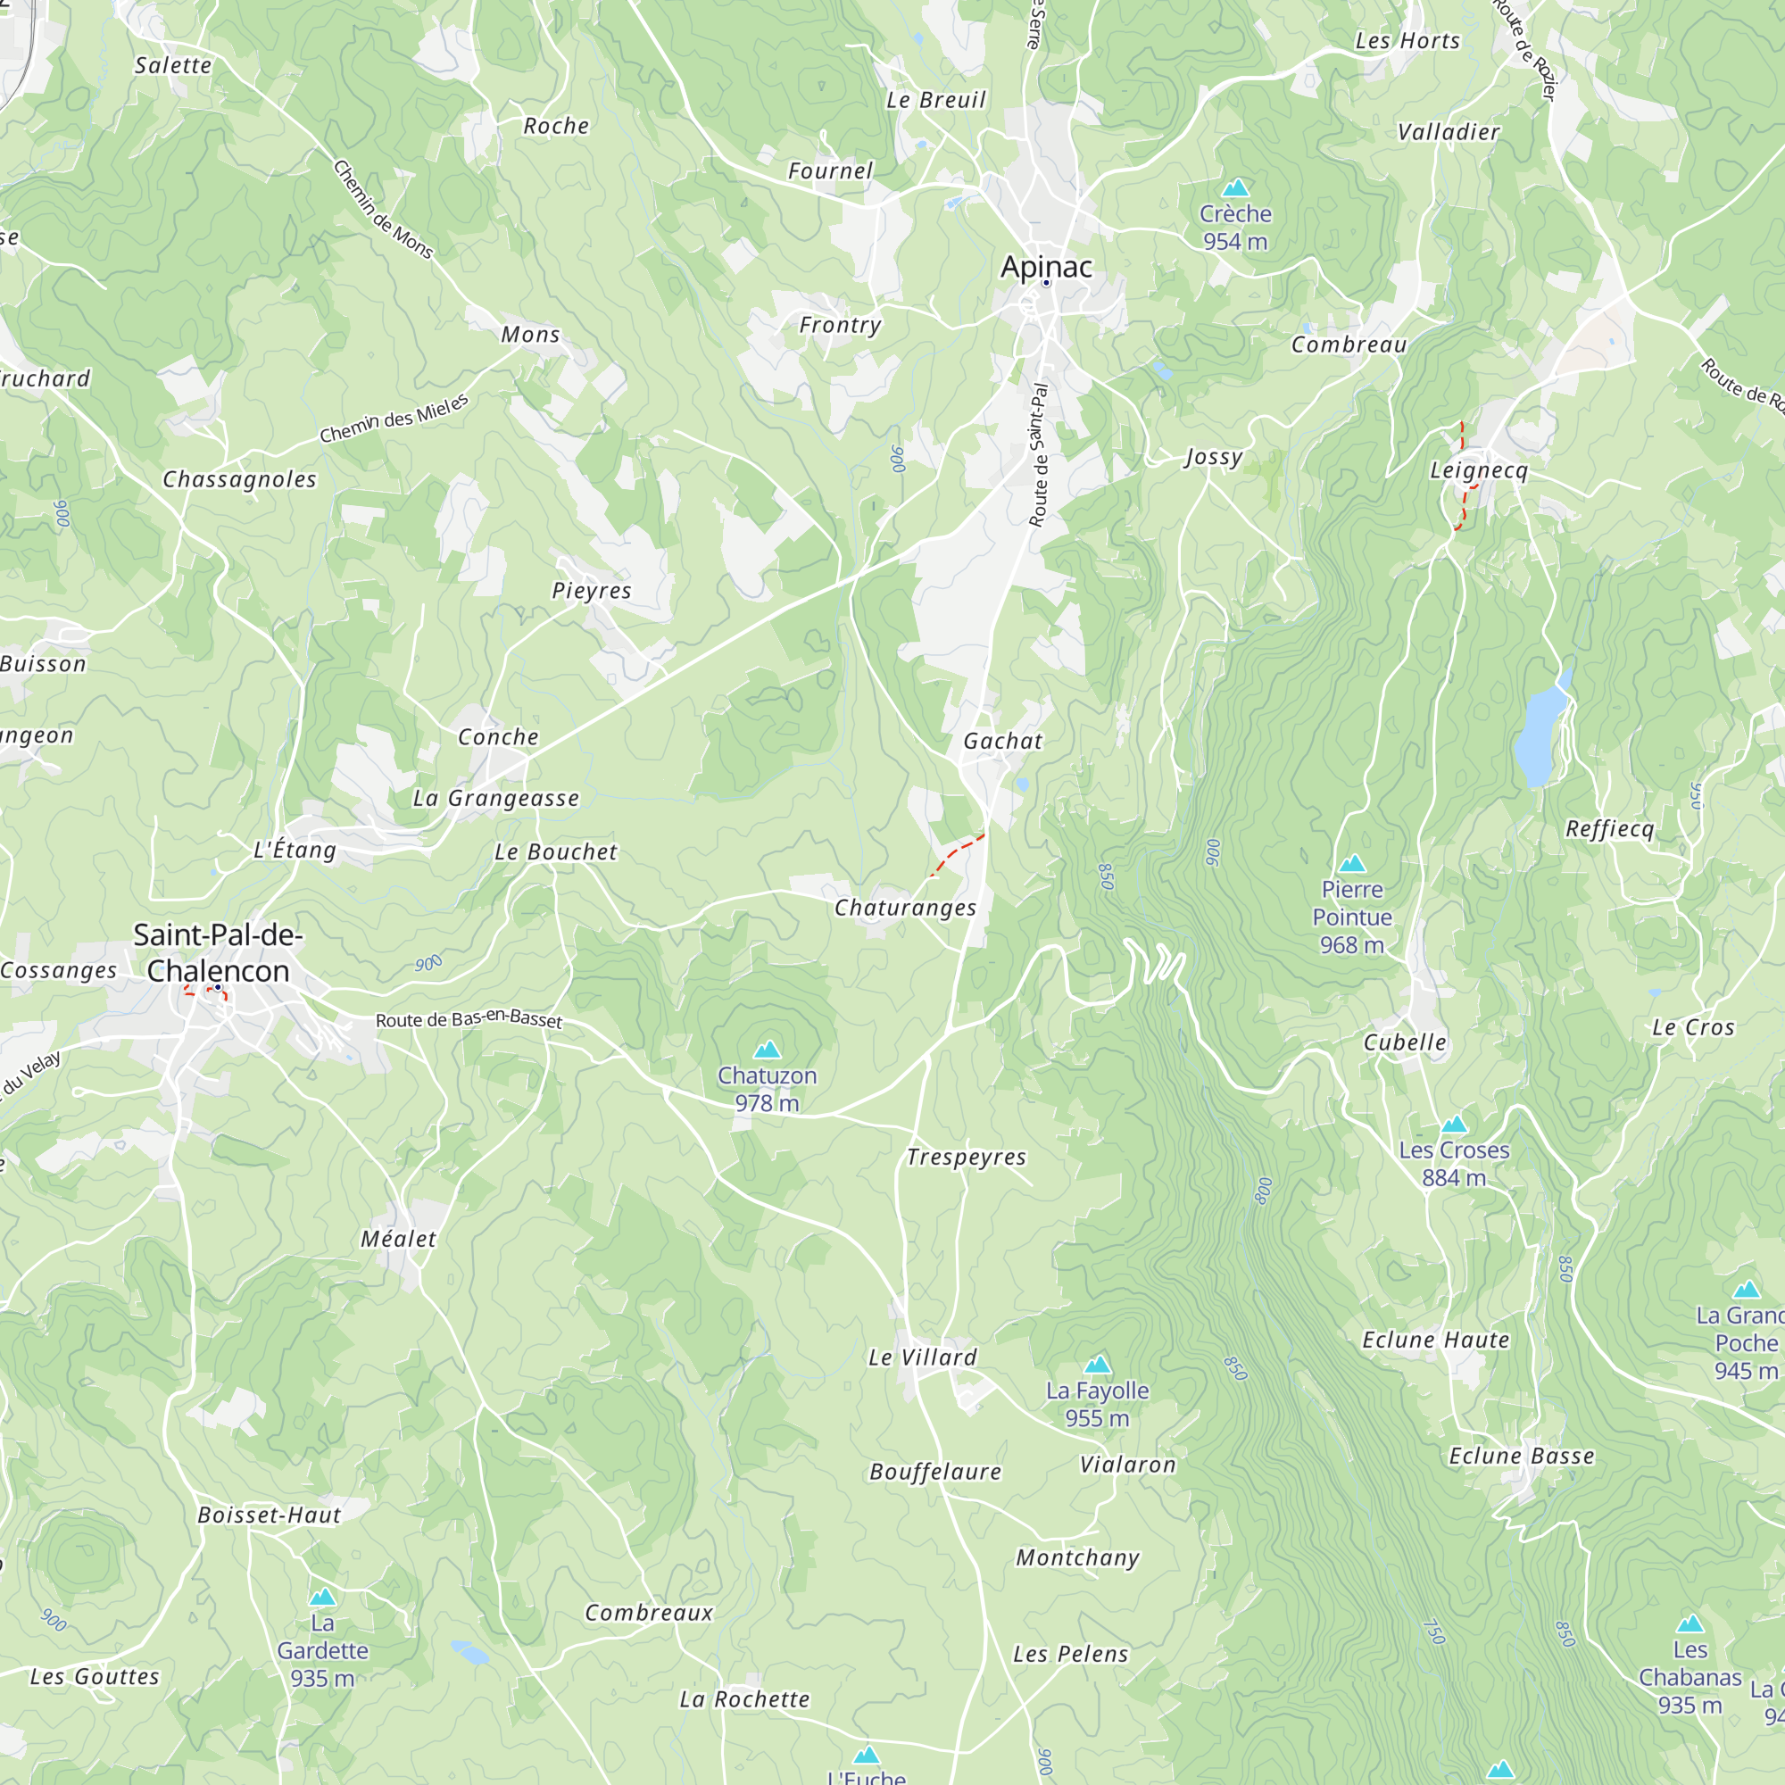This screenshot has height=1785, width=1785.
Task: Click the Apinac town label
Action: pos(1046,267)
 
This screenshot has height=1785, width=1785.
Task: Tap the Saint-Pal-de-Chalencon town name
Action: pos(218,951)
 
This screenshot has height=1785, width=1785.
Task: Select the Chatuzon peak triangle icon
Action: pos(767,1050)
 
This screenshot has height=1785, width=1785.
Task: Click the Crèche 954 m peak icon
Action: pos(1235,188)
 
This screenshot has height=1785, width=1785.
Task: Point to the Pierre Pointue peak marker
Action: pos(1351,864)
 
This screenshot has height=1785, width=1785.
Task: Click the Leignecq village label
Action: pos(1478,470)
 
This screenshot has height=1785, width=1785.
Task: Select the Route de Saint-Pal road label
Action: pos(1040,455)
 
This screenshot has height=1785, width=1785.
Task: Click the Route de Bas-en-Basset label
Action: pos(469,1019)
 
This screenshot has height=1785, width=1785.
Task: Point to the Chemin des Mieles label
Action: pos(394,419)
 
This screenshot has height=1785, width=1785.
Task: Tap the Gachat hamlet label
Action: pos(1002,741)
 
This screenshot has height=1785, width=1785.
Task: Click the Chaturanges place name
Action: pos(905,909)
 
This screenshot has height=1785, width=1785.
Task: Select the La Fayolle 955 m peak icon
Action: pos(1097,1365)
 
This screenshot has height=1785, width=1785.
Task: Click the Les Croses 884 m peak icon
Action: pos(1454,1125)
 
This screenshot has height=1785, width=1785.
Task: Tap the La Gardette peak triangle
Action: pos(322,1598)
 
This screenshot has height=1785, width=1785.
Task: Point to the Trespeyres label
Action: pos(967,1158)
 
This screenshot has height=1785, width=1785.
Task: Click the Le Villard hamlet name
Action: pos(922,1358)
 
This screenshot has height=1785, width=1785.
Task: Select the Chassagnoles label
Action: pos(239,479)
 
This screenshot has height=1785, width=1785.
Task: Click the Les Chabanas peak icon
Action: pos(1690,1624)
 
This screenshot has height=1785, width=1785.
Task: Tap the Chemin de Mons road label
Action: pos(383,210)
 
